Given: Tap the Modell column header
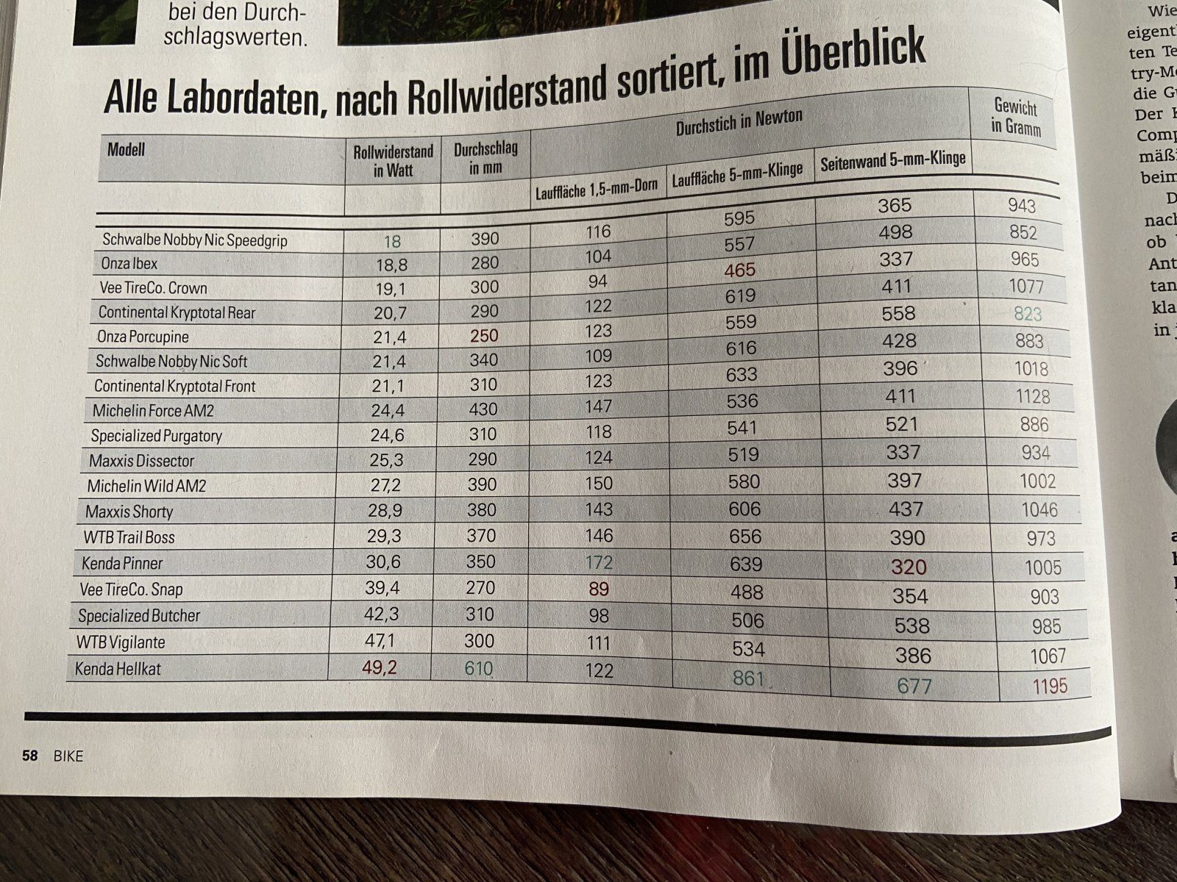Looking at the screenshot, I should [x=126, y=150].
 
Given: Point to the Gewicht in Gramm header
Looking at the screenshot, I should [x=1015, y=118].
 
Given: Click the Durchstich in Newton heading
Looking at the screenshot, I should [x=739, y=123].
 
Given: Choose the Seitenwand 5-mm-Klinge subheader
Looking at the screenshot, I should [x=892, y=160].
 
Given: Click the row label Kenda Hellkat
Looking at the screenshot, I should [x=118, y=669].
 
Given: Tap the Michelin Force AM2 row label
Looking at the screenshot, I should [x=153, y=410].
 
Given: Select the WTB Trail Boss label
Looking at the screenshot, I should [x=129, y=537].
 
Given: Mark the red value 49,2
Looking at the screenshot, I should [x=380, y=667].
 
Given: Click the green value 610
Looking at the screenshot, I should [x=478, y=669].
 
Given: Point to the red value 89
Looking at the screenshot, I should [x=599, y=589].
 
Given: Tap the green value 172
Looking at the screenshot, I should [x=599, y=563].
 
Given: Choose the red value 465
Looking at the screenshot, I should [x=739, y=270].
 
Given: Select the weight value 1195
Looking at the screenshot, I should [x=1050, y=686].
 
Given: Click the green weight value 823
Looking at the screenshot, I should [x=1028, y=314].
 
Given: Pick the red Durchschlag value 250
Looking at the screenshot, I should [x=484, y=335].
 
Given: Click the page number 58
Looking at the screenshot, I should [x=29, y=755].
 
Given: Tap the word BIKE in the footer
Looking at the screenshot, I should [x=68, y=756].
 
